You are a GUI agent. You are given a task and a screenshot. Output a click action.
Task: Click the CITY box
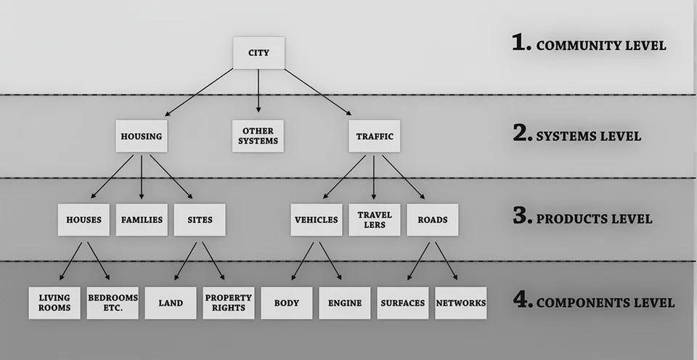(258, 53)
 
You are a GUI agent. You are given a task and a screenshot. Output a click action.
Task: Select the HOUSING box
(142, 136)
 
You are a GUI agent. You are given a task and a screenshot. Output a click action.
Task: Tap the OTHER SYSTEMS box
(258, 136)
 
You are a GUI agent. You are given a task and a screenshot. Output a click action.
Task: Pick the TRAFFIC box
(375, 136)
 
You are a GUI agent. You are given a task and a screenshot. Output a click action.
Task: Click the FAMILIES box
(142, 219)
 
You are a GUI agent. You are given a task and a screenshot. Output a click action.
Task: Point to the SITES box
(200, 219)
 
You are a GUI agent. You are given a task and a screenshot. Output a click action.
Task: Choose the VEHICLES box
(317, 219)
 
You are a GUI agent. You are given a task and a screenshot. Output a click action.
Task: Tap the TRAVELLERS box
(375, 219)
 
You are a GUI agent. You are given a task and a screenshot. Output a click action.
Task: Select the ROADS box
(433, 219)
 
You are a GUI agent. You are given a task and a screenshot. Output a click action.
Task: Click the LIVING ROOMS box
(54, 303)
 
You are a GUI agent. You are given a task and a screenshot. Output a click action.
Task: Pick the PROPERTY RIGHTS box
(229, 303)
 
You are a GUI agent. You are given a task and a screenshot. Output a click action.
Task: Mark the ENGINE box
(344, 303)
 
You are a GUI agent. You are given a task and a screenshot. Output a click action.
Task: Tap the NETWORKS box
(461, 303)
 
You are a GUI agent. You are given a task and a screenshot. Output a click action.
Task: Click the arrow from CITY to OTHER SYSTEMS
(258, 91)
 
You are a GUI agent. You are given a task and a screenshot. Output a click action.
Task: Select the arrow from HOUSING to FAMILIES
(142, 177)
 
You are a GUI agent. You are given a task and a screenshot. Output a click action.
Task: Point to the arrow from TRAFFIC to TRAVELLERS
(373, 177)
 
